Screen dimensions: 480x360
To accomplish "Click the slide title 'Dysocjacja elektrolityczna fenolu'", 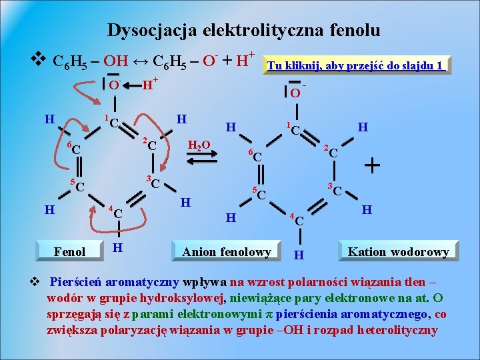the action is click(243, 30).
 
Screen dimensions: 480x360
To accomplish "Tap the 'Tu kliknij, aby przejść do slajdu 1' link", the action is click(355, 65).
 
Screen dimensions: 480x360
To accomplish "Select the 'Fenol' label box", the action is click(69, 251).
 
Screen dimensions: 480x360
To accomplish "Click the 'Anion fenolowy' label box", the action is click(227, 251).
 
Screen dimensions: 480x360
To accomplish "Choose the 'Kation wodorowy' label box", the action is click(399, 251).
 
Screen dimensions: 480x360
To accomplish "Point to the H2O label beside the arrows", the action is click(199, 145).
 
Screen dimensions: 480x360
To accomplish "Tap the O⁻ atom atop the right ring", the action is click(295, 92).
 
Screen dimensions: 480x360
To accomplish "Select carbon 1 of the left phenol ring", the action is click(114, 122).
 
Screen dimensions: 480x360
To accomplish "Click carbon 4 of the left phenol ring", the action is click(117, 213).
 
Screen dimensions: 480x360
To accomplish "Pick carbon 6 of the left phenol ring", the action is click(76, 149).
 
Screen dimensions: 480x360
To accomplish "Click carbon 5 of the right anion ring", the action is click(261, 195).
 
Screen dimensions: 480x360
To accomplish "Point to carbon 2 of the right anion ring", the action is click(333, 153).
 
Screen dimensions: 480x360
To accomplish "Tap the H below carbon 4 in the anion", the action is click(299, 255).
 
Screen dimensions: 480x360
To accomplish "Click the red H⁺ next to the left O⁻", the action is click(150, 85).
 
